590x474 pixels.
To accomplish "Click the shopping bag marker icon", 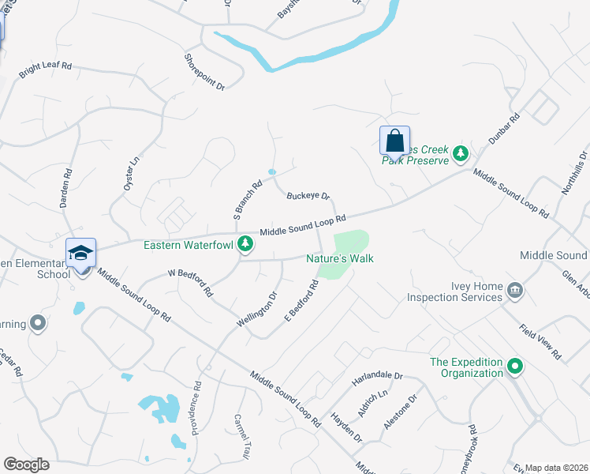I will click(394, 141).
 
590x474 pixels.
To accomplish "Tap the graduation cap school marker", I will click(80, 254).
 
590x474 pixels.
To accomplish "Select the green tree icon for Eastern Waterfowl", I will click(245, 244).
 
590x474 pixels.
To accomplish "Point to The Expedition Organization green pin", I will click(515, 366).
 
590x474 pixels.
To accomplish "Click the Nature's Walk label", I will click(340, 258).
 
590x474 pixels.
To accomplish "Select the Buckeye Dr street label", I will click(308, 196).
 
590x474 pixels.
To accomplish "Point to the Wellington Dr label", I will click(257, 310).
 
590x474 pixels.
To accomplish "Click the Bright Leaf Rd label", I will click(45, 70).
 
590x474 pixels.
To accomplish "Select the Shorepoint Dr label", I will click(204, 71).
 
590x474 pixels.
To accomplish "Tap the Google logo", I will click(26, 465).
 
